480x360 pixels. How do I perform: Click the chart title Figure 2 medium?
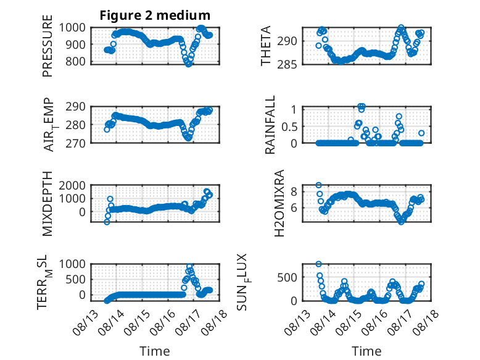[x=155, y=15]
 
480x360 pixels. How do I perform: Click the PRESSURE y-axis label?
[x=48, y=46]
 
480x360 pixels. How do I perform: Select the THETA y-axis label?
[x=266, y=46]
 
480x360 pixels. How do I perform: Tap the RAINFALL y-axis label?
[x=270, y=125]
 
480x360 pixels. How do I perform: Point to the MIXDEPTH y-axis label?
[x=48, y=204]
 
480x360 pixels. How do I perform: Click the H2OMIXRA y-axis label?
[x=279, y=203]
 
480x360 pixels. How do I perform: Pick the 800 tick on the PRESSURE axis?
[x=72, y=62]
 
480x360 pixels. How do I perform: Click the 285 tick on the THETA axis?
[x=287, y=65]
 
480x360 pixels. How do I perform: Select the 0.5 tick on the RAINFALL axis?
[x=289, y=126]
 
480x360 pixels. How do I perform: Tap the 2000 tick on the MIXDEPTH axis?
[x=72, y=185]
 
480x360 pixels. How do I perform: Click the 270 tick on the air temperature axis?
[x=75, y=143]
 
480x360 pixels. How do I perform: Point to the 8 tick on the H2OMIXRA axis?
[x=294, y=192]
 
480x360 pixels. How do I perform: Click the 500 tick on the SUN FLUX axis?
[x=287, y=278]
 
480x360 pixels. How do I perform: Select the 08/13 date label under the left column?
[x=85, y=322]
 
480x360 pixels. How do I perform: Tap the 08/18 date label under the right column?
[x=426, y=322]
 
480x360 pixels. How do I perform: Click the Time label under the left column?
[x=155, y=351]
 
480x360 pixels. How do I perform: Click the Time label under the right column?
[x=366, y=351]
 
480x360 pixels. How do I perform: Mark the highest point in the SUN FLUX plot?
[x=319, y=264]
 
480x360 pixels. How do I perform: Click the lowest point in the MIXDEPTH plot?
[x=107, y=222]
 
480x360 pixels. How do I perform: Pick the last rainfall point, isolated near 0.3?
[x=421, y=133]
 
